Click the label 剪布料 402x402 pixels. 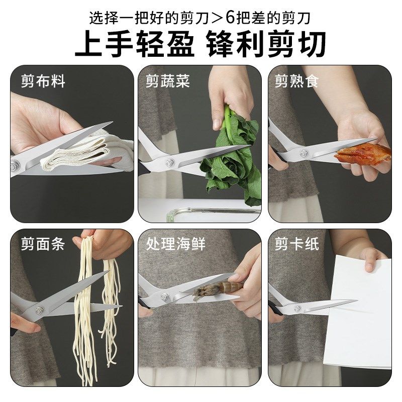(43, 81)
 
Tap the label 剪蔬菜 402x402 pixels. (168, 81)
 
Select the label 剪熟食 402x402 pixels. (296, 81)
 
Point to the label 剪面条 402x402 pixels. (43, 245)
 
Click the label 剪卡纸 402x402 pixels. (296, 245)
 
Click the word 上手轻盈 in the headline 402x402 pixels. (135, 45)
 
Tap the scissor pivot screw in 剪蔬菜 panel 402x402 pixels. (170, 162)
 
